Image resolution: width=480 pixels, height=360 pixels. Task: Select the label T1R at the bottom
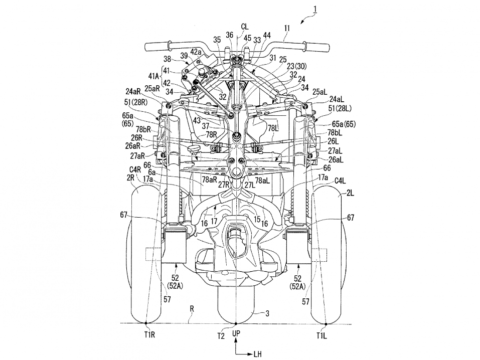pyautogui.click(x=145, y=335)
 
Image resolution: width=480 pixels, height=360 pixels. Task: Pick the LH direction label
pyautogui.click(x=257, y=354)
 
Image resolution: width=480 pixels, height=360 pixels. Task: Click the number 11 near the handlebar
pyautogui.click(x=286, y=36)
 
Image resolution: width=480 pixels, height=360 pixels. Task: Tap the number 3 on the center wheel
pyautogui.click(x=267, y=314)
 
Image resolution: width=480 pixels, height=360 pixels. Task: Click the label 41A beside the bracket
pyautogui.click(x=153, y=77)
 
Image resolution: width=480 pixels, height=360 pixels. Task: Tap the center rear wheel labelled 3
pyautogui.click(x=236, y=306)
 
